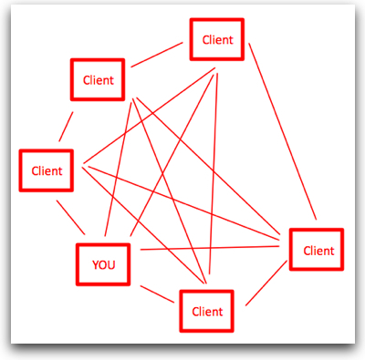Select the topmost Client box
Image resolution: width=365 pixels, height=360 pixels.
[x=217, y=40]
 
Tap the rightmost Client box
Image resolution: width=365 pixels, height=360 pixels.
[x=317, y=250]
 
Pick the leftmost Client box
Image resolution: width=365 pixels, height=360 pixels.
[x=47, y=170]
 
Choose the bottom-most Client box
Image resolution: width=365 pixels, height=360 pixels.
[x=207, y=312]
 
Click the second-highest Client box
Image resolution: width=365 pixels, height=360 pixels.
[x=98, y=80]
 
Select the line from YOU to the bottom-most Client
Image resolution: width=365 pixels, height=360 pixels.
[x=157, y=291]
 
